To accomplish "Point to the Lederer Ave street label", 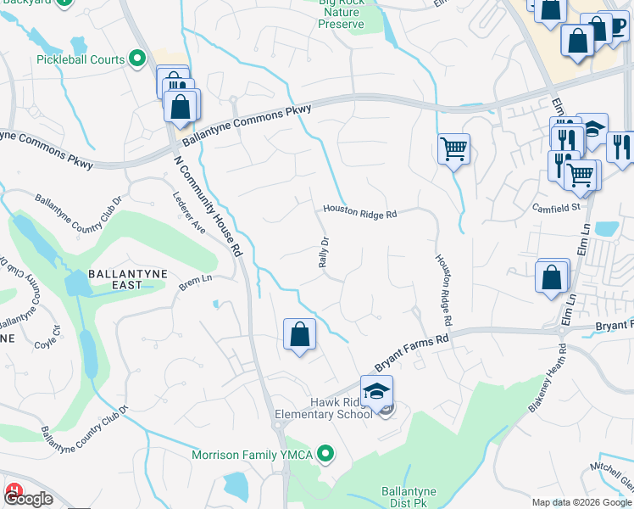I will pos(190,211).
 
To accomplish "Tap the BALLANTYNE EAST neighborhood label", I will pos(128,281).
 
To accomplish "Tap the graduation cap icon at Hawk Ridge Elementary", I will pos(376,390).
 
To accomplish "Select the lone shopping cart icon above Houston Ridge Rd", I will pos(453,149).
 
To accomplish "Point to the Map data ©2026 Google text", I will pos(581,502).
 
